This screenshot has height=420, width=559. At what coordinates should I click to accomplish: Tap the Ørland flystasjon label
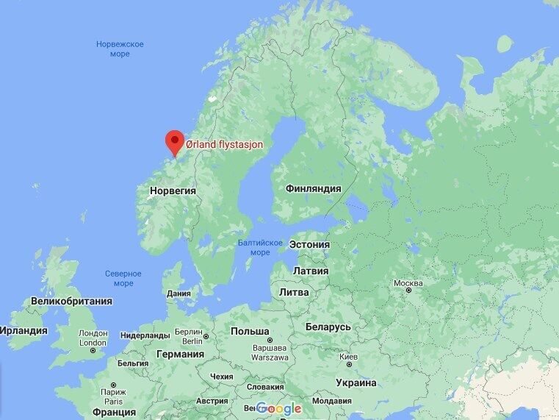(223, 145)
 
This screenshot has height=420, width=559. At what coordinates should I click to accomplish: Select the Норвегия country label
(173, 190)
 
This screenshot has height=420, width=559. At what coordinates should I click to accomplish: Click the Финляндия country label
(313, 188)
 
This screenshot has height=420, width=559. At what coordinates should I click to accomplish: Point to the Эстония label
(309, 244)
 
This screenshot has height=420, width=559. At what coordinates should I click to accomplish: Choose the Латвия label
(311, 271)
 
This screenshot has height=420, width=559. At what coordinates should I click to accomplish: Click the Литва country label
(295, 292)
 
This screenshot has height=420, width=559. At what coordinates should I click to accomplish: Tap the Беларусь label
(328, 327)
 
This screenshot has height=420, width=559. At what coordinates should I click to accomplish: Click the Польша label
(250, 331)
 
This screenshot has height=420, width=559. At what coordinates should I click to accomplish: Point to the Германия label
(180, 354)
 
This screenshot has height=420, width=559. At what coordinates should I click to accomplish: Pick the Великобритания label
(71, 301)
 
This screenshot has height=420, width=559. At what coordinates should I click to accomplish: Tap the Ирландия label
(24, 330)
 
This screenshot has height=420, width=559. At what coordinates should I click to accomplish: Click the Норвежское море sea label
(120, 49)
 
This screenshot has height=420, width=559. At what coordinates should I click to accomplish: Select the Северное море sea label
(123, 278)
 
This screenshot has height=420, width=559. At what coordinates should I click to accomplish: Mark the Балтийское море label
(260, 247)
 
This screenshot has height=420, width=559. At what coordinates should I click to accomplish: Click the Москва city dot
(408, 291)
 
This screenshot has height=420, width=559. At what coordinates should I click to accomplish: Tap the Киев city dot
(348, 366)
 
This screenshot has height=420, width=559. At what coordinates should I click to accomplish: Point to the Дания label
(178, 293)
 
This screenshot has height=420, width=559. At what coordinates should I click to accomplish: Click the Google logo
(279, 408)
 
